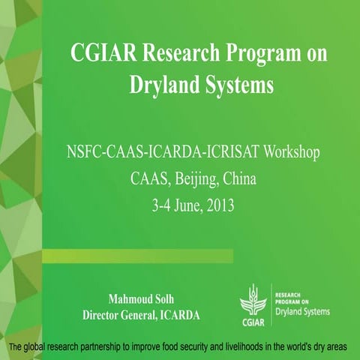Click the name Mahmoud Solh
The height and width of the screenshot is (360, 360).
pyautogui.click(x=142, y=300)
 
